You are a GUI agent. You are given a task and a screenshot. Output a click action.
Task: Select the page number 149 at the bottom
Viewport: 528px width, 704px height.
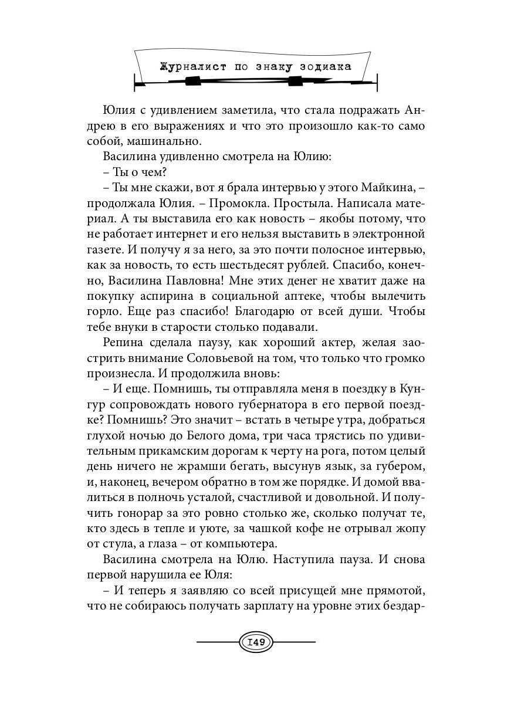pos(256,642)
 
